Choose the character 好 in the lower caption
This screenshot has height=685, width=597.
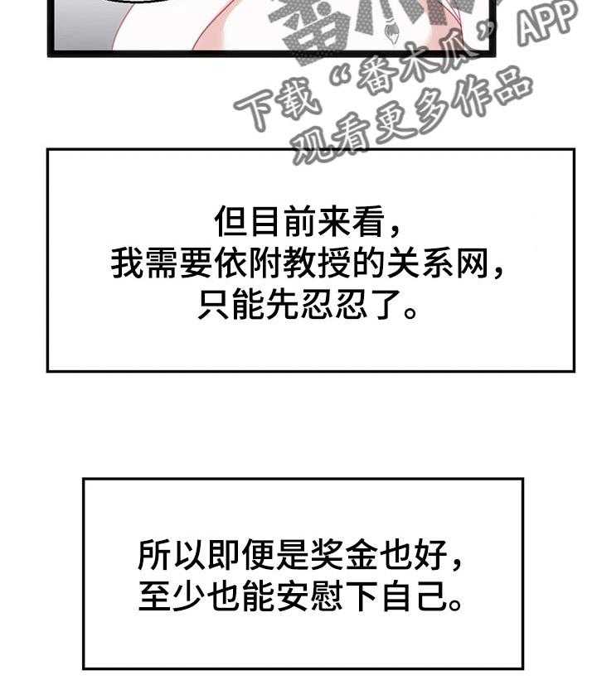[431, 555]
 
